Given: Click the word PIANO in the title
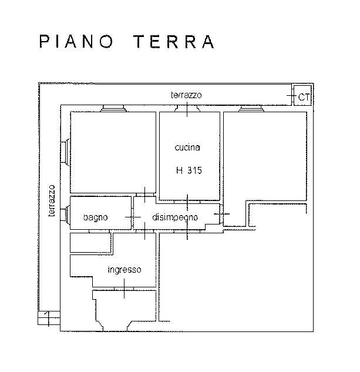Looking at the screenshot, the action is point(76,42).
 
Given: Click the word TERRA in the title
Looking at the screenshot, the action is point(174,42).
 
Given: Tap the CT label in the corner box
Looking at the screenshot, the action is point(304,97).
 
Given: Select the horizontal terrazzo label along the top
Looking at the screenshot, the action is point(186,95).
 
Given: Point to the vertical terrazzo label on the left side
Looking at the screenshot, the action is point(52,201).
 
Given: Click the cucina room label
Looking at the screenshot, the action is point(187,148).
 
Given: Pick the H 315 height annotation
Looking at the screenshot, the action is point(189,170).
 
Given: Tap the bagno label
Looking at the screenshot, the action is point(95,217).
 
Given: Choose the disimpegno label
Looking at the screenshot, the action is point(175,217).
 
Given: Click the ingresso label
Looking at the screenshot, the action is point(125,270).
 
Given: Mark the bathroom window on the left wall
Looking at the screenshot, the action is point(65,215).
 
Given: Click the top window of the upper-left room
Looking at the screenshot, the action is point(113,109).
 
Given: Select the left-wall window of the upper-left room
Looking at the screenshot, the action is point(65,152).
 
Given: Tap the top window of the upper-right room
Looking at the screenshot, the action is point(251,109).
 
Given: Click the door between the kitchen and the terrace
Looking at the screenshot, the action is point(187,109).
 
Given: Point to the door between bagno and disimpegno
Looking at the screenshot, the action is point(133,217).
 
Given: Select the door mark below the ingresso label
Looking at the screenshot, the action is point(125,289).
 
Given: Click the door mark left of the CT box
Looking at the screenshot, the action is point(292,96).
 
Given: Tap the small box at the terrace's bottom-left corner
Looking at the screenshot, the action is point(49,318).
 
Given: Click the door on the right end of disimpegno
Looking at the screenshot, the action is point(221,215).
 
